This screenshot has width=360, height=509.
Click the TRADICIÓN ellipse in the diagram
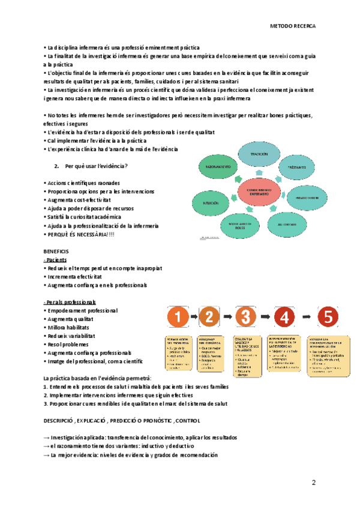point(259,154)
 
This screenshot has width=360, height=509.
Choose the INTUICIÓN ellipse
point(211,204)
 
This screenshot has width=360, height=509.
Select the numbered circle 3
point(247,316)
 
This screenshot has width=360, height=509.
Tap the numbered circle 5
point(328,316)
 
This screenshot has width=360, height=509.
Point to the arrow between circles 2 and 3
point(229,316)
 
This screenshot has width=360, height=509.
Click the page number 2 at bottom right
point(313,483)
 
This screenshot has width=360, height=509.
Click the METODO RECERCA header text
point(293,26)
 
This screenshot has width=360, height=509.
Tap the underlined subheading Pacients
point(56,259)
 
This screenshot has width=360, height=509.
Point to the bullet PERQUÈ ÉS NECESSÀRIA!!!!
point(80,234)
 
